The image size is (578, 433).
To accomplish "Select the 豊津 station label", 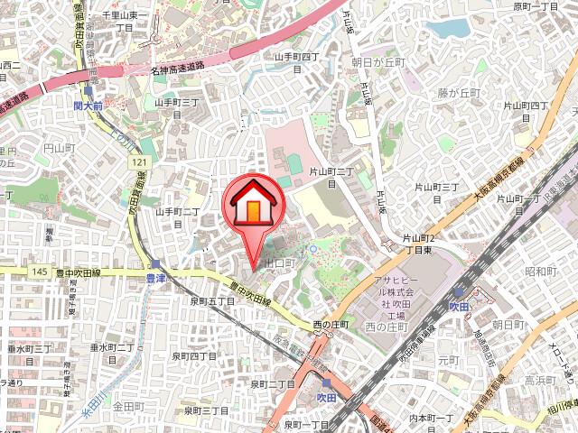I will (x=156, y=278).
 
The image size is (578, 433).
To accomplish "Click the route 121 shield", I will (x=136, y=161).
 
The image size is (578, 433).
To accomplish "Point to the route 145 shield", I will (x=39, y=272).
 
